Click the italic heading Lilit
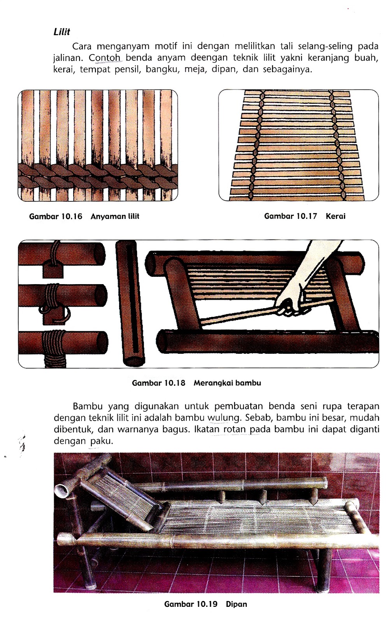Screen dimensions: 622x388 (x=62, y=32)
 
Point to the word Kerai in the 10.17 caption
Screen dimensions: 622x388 (x=335, y=216)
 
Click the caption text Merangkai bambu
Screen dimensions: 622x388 (x=227, y=383)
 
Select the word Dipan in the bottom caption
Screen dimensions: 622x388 (x=236, y=604)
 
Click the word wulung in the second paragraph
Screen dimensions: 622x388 (x=223, y=418)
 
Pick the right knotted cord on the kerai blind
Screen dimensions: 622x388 (x=338, y=146)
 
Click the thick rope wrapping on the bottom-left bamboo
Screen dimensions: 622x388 (x=55, y=348)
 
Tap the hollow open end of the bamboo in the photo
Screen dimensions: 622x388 (x=63, y=490)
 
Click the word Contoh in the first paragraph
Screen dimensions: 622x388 (x=105, y=58)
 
